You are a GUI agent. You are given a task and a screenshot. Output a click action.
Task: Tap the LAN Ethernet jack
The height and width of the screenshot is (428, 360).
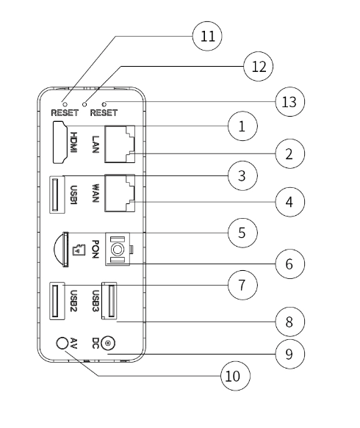tap(120, 144)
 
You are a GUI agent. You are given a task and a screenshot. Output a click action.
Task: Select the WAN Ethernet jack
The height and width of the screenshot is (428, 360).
tap(120, 193)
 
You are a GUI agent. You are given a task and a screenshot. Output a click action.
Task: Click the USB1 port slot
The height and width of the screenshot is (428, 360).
tap(57, 195)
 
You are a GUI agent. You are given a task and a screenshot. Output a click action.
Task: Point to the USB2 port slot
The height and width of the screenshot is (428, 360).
tap(57, 300)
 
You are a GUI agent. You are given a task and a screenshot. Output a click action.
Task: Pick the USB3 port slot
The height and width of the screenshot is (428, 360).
tap(109, 300)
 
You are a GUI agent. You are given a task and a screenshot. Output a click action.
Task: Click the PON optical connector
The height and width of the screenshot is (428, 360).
tap(118, 249)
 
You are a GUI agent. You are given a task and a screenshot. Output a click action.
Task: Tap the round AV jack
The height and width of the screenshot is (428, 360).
tap(62, 343)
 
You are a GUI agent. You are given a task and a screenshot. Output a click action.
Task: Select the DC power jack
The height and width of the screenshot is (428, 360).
tap(108, 343)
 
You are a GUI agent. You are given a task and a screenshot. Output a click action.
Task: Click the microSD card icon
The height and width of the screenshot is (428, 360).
tap(79, 250)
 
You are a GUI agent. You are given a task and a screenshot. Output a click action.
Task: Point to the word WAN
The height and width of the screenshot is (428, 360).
tap(96, 193)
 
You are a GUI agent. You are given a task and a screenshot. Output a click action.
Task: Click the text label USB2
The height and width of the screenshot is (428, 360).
tap(73, 300)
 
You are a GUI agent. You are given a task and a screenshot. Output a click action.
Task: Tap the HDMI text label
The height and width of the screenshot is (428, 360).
tap(73, 142)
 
